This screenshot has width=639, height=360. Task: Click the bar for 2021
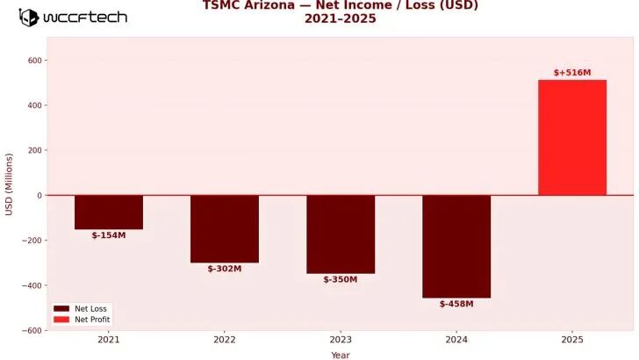[x=109, y=212]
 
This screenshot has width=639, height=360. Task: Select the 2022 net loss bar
[x=225, y=228]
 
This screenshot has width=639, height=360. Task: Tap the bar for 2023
[x=341, y=234]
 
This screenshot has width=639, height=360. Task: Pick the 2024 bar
[x=456, y=246]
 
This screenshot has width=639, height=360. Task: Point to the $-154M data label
[x=109, y=235]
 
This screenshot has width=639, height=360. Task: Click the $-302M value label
[x=225, y=269]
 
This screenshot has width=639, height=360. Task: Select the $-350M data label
[x=341, y=279]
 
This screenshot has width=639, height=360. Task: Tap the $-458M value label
[x=456, y=304]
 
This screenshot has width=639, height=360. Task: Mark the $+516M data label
[x=572, y=73]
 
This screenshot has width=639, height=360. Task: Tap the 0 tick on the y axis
[x=39, y=195]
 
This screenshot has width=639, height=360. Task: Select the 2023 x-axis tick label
[x=341, y=339]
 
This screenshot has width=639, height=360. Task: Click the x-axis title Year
[x=341, y=355]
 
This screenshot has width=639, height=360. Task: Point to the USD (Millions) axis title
[x=10, y=184]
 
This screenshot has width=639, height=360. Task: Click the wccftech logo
[x=73, y=17]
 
